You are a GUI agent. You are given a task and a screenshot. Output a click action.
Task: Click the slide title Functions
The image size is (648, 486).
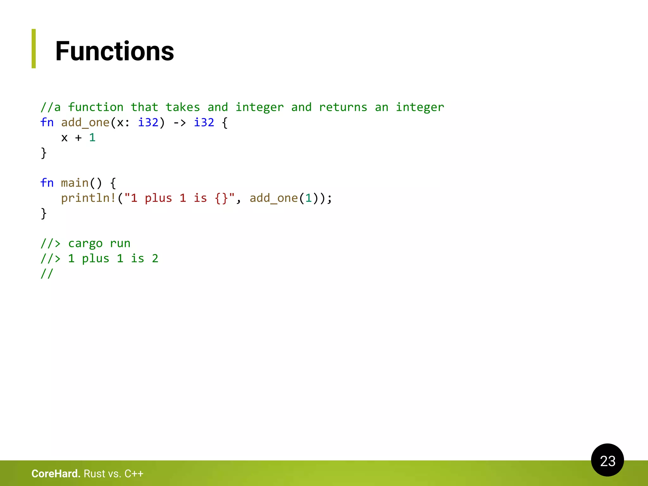[115, 51]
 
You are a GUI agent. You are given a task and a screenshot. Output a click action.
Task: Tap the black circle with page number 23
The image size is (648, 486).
[607, 460]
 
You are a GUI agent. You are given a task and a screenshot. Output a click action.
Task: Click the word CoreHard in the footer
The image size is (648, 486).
[56, 474]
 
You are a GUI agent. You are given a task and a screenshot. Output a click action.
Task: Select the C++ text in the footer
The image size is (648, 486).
[134, 474]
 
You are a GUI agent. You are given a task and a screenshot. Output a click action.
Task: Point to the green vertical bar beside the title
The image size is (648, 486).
[34, 48]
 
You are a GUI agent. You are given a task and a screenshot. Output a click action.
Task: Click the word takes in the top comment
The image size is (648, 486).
[183, 107]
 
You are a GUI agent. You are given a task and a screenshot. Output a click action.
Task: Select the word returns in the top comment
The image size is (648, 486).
[343, 107]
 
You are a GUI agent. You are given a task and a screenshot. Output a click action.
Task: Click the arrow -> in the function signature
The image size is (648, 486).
[179, 122]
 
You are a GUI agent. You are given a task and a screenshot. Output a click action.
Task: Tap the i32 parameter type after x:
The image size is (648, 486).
[148, 122]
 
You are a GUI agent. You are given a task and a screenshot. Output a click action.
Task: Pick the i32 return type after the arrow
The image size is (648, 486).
[204, 122]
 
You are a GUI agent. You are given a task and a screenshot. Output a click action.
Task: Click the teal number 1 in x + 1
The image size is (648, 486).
[92, 138]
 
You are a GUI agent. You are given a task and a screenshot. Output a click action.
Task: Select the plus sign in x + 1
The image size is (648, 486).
[78, 138]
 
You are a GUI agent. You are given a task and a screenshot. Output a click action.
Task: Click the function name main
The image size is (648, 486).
[75, 183]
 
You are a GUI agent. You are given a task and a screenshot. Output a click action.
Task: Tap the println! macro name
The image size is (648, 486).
[88, 198]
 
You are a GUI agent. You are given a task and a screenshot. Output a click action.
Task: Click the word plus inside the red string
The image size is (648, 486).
[158, 198]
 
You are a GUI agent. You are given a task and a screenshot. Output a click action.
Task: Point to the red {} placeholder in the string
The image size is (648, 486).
[221, 198]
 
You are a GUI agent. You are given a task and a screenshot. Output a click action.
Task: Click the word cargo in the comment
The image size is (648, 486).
[85, 243]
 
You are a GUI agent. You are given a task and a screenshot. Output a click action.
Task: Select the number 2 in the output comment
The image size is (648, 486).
[155, 259]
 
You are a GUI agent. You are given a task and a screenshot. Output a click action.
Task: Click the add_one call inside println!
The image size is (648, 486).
[274, 198]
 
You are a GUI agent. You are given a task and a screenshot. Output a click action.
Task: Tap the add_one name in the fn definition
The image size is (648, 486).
[85, 122]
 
